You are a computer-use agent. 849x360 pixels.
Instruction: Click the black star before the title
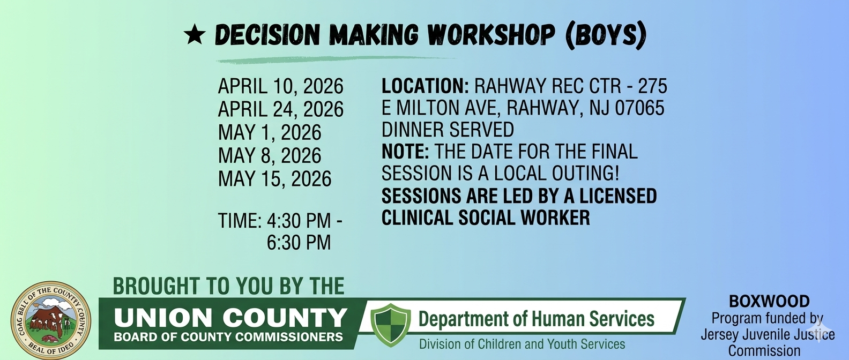click(195, 35)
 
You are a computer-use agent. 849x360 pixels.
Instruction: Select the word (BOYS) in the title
click(605, 35)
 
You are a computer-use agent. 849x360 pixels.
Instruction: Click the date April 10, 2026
click(280, 86)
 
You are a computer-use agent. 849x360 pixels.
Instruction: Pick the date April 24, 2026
click(280, 109)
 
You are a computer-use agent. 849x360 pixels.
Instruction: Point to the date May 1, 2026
click(270, 132)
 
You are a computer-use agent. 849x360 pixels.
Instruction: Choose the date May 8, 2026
click(270, 155)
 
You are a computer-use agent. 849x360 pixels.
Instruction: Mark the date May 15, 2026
click(274, 178)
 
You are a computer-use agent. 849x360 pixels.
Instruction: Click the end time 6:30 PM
click(299, 243)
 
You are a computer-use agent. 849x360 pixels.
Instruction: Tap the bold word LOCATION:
click(425, 86)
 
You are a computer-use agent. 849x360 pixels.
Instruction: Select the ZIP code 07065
click(639, 108)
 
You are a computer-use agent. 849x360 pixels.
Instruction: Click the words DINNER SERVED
click(448, 130)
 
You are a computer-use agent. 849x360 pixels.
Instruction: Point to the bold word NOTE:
click(405, 152)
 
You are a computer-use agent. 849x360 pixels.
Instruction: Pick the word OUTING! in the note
click(585, 173)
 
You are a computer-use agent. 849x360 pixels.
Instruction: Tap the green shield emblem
click(390, 325)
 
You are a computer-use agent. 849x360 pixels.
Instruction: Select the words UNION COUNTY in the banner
click(230, 318)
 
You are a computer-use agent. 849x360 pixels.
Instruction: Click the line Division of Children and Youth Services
click(522, 344)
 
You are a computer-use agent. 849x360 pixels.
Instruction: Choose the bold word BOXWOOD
click(770, 302)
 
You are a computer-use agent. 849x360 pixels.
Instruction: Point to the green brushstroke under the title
click(337, 59)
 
